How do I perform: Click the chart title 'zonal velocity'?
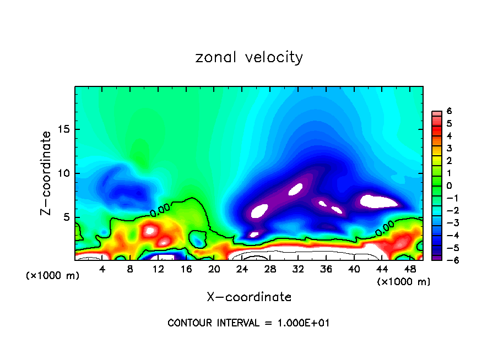[249, 57]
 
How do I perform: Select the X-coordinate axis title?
[249, 297]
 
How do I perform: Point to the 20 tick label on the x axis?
[214, 269]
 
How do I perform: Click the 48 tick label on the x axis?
[409, 269]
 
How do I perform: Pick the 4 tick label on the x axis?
[102, 269]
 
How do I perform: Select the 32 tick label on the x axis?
[297, 269]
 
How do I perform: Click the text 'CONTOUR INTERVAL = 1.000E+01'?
[248, 323]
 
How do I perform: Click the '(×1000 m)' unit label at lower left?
[53, 276]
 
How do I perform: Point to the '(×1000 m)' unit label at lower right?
[404, 281]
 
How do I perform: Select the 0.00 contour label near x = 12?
[160, 210]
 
